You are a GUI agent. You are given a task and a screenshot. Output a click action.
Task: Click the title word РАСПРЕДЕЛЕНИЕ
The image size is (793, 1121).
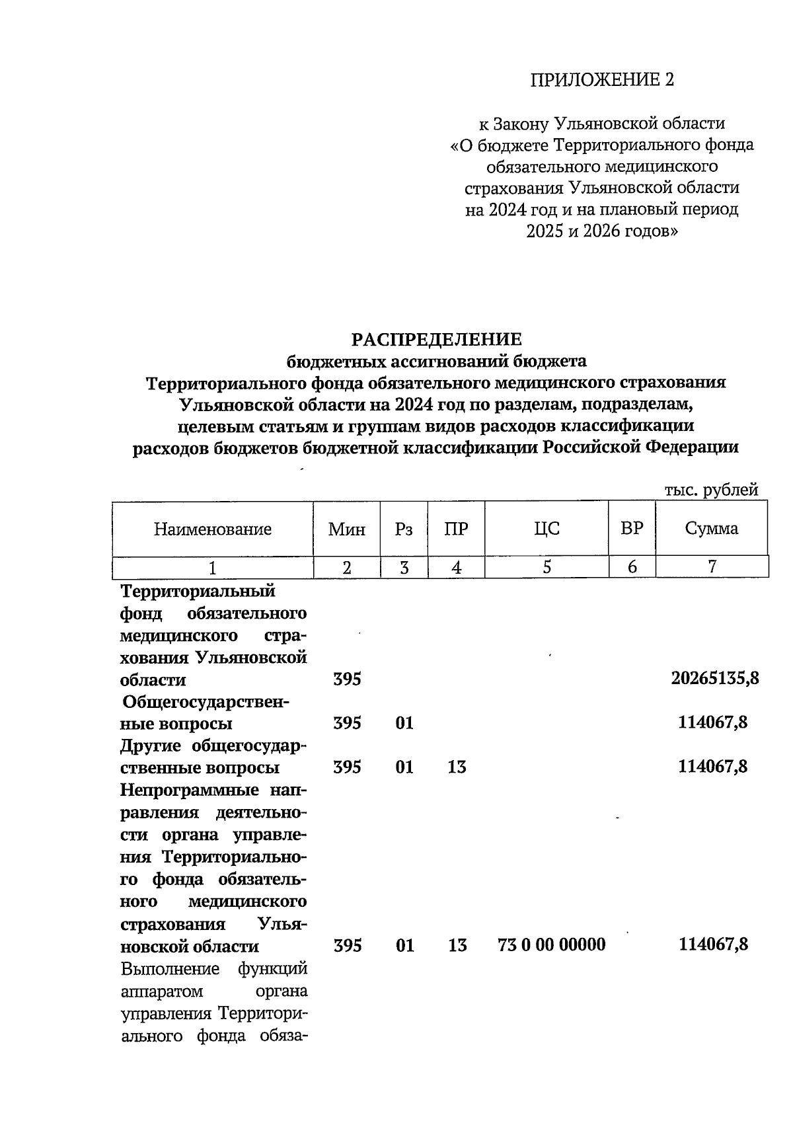436,340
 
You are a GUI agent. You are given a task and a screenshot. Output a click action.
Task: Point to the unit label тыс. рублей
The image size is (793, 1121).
711,490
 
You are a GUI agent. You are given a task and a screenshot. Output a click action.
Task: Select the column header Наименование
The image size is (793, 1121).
213,529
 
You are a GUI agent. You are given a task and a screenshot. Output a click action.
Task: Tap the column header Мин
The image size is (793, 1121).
347,529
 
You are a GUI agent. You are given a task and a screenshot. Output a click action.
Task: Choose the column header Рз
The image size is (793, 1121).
404,529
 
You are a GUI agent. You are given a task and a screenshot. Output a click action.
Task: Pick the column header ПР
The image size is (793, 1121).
456,529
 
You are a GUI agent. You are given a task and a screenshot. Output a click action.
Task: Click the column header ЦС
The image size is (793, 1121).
547,529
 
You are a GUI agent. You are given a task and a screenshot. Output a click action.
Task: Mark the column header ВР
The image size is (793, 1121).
632,529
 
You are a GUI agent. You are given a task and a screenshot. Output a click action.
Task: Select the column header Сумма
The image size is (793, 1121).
711,529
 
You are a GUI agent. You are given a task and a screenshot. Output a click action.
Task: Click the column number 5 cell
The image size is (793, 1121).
547,567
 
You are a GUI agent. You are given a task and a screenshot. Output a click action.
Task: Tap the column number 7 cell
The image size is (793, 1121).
712,567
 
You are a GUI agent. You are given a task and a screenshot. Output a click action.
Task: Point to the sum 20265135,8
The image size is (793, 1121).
710,679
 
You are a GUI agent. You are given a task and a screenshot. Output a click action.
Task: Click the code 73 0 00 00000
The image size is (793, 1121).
551,945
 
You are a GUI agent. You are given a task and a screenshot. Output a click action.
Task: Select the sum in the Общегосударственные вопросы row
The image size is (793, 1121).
713,723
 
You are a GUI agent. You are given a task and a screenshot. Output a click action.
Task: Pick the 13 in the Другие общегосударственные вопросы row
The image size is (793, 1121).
457,767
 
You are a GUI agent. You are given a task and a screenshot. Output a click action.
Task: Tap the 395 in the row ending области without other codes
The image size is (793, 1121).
347,679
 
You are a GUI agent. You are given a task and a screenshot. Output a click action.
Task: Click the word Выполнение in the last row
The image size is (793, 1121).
170,969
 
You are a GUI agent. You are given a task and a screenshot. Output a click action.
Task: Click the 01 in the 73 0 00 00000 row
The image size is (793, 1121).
404,945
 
